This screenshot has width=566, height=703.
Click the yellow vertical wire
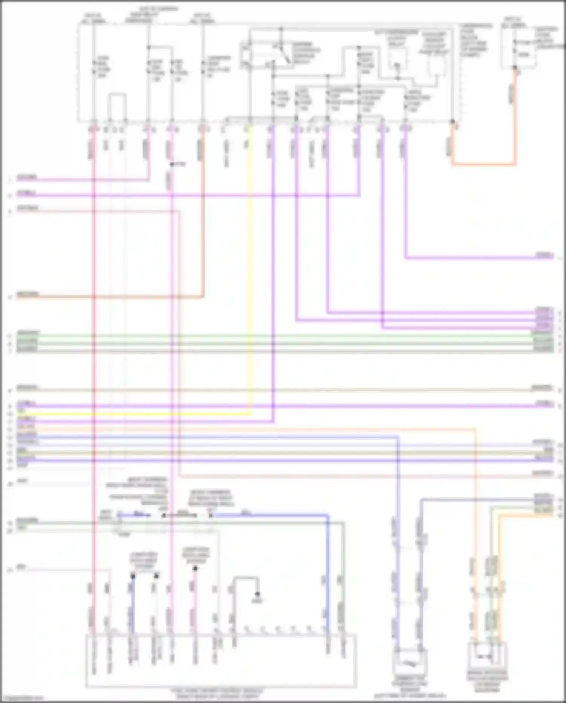point(249,264)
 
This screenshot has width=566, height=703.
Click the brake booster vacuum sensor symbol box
point(487,658)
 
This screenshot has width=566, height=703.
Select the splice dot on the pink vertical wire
point(172,164)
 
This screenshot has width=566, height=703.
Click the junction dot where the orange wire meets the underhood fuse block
point(452,122)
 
